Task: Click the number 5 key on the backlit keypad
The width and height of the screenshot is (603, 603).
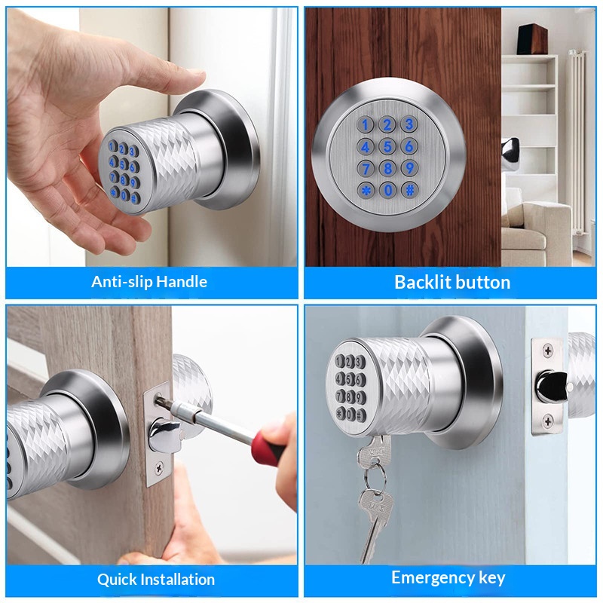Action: pyautogui.click(x=388, y=147)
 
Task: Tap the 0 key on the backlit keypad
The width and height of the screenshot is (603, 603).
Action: pyautogui.click(x=388, y=191)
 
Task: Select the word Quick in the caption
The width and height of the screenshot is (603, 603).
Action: pyautogui.click(x=118, y=580)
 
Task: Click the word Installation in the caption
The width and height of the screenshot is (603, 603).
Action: pyautogui.click(x=179, y=580)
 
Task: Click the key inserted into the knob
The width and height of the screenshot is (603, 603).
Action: pyautogui.click(x=373, y=451)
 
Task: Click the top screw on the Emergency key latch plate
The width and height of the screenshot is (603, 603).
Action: pyautogui.click(x=548, y=350)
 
